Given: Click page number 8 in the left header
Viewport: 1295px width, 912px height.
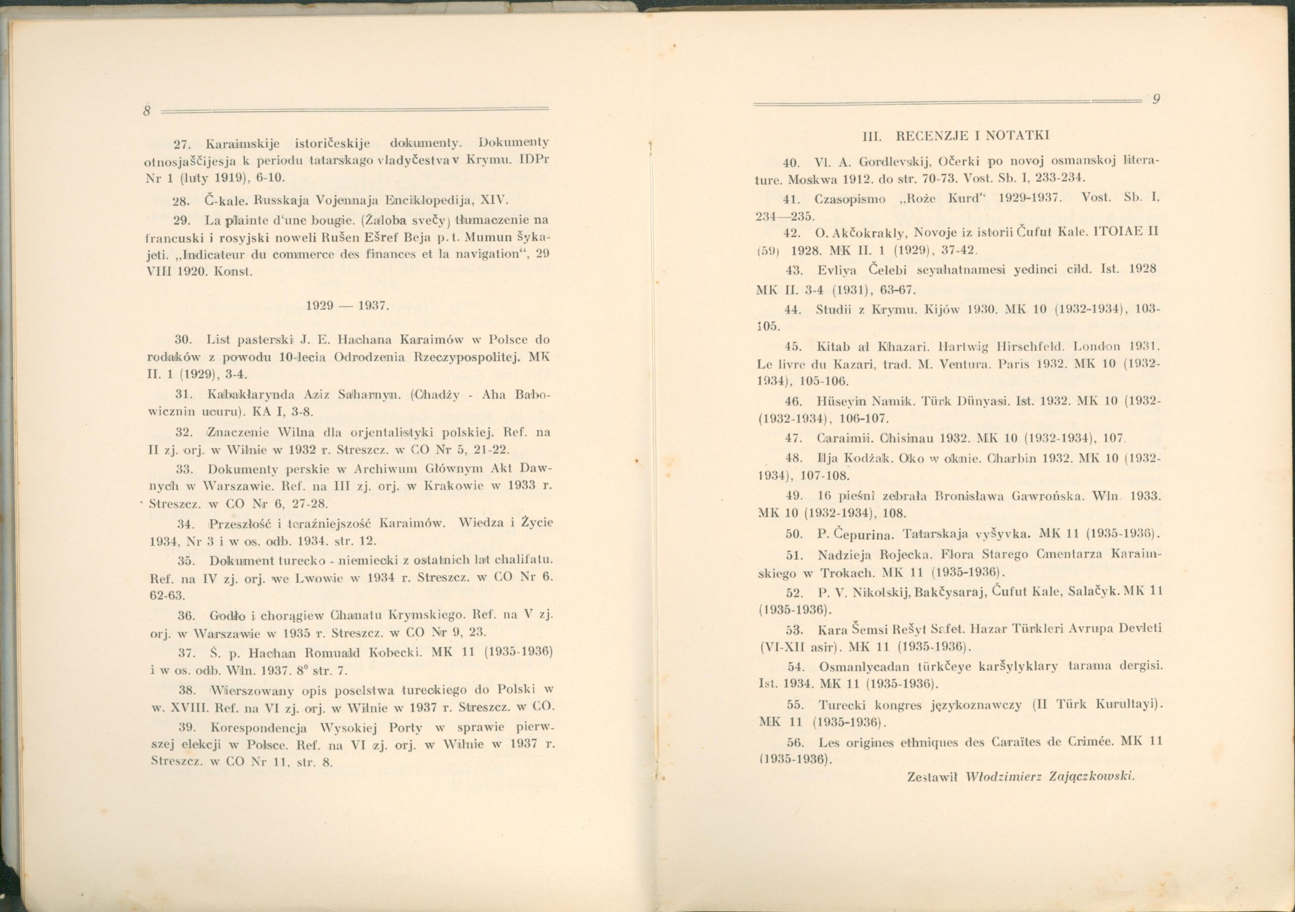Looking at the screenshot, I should coord(146,111).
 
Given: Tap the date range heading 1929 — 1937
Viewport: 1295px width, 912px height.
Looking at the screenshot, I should coord(347,306).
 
